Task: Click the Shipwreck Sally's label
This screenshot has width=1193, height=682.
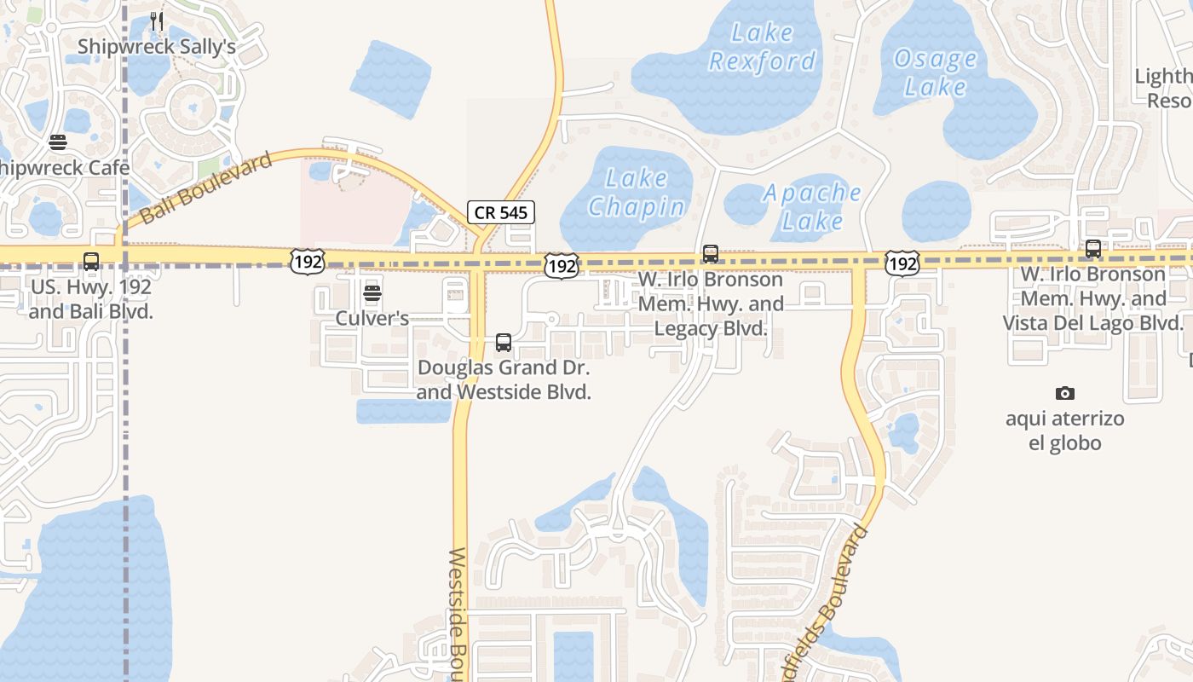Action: click(157, 46)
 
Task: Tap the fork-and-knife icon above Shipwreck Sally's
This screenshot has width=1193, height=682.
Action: click(157, 20)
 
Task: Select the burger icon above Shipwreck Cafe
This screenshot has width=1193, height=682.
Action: click(58, 142)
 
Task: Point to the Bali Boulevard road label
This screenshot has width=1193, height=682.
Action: click(206, 188)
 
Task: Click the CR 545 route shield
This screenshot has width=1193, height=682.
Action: click(501, 212)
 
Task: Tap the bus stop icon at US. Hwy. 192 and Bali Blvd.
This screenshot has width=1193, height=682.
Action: click(91, 262)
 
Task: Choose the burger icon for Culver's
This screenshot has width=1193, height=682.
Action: click(372, 294)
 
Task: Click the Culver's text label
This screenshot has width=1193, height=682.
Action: click(372, 319)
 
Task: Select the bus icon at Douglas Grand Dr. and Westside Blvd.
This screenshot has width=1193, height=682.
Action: click(504, 343)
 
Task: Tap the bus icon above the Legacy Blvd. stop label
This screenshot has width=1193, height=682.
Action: click(711, 254)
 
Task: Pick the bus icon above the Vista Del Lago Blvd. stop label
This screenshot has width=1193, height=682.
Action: click(1093, 249)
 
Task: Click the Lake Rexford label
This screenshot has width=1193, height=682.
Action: click(763, 47)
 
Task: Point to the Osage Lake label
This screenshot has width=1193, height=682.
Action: click(936, 72)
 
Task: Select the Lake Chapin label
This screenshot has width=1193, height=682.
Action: click(637, 193)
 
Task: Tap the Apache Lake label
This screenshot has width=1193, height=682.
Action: click(812, 206)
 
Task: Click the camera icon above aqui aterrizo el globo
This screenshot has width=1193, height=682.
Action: click(1064, 393)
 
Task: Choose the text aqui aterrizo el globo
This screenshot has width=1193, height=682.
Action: click(1064, 431)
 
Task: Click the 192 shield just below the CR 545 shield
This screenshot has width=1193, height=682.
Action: click(562, 266)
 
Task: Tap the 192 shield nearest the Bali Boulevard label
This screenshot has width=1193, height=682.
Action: click(307, 262)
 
